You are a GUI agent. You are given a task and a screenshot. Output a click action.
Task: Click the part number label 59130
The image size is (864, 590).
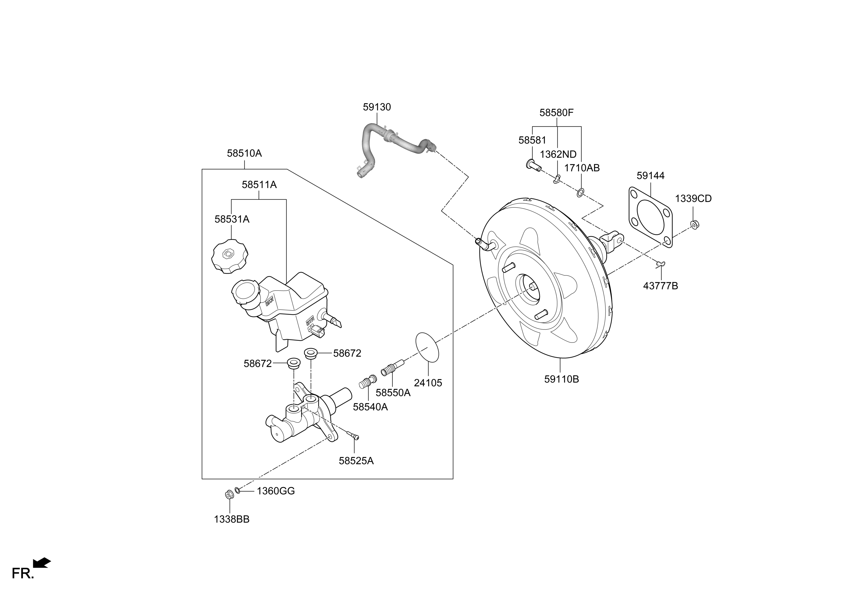point(377,107)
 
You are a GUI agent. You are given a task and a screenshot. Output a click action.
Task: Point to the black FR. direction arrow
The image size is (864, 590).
point(42,563)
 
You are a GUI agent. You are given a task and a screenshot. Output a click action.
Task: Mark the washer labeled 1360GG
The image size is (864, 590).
point(238,491)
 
